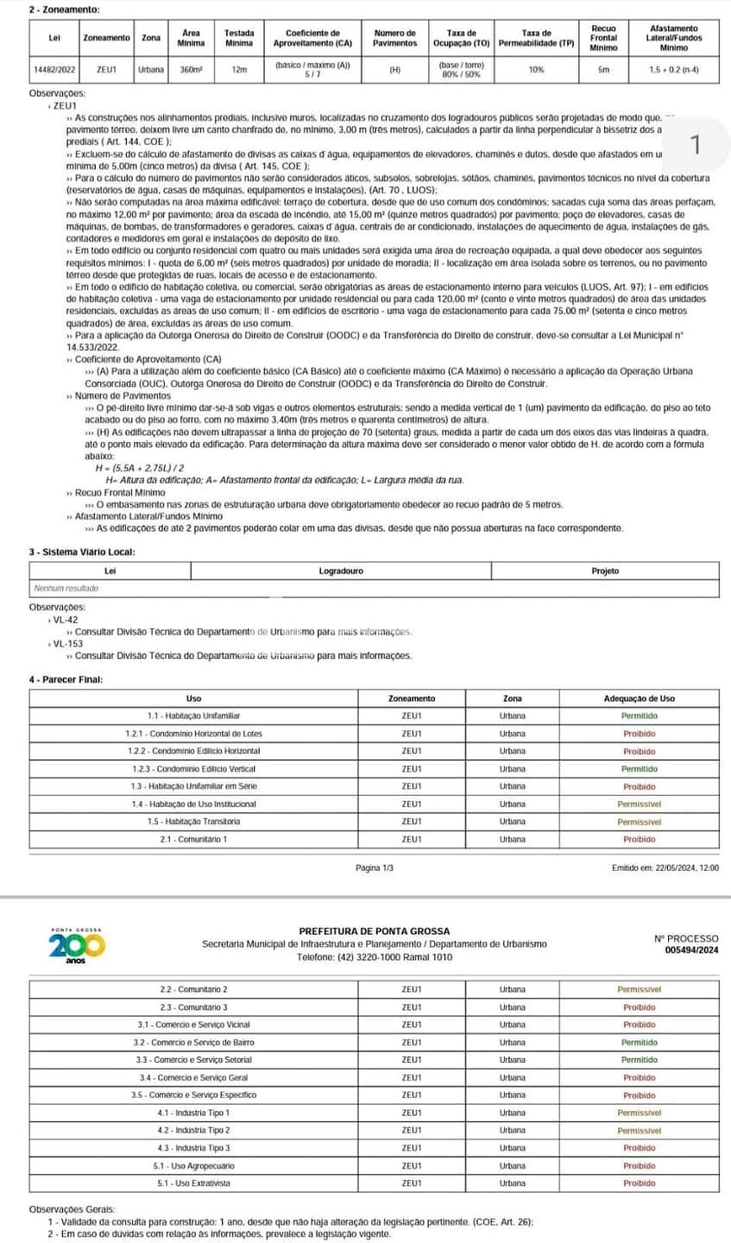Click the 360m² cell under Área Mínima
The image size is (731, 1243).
(x=190, y=69)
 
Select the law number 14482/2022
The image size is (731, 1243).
(x=54, y=69)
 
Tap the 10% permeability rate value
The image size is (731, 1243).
(x=536, y=69)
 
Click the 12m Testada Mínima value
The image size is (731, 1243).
(x=239, y=69)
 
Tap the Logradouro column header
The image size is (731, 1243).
(x=341, y=571)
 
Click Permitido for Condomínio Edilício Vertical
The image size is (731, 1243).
(x=639, y=768)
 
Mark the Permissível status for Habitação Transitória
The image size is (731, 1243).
(x=639, y=821)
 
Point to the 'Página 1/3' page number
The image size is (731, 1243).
(x=374, y=867)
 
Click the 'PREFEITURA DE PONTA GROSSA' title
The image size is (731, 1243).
(x=374, y=931)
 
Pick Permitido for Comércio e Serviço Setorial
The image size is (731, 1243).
(x=639, y=1059)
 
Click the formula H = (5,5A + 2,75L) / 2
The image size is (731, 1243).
(x=138, y=469)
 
